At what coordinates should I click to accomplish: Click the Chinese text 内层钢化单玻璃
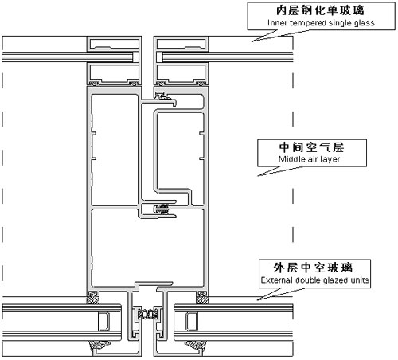point(320,10)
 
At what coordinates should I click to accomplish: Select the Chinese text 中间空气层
point(311,147)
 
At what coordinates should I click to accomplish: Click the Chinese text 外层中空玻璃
point(314,268)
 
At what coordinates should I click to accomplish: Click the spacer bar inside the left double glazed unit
point(104,322)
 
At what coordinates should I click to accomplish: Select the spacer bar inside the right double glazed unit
point(191,322)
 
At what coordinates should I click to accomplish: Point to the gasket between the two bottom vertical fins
point(147,315)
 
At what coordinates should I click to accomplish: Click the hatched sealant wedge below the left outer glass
point(99,346)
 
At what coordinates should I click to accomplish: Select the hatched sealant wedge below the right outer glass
point(196,346)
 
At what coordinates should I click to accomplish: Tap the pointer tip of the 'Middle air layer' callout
point(258,176)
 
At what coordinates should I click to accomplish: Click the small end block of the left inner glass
point(136,57)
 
